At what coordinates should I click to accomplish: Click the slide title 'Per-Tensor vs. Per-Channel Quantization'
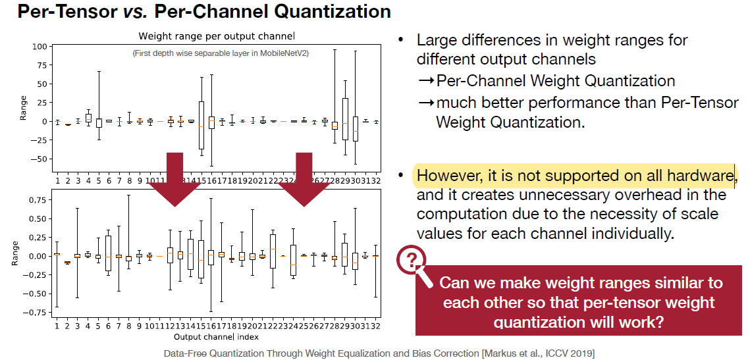(x=203, y=11)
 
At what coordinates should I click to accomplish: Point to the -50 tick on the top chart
(x=41, y=159)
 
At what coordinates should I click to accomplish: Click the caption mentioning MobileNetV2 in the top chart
(x=220, y=53)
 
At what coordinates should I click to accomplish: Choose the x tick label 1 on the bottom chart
(x=57, y=325)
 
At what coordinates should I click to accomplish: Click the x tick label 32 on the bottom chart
(x=376, y=325)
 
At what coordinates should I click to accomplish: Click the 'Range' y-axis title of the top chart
(x=24, y=107)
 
